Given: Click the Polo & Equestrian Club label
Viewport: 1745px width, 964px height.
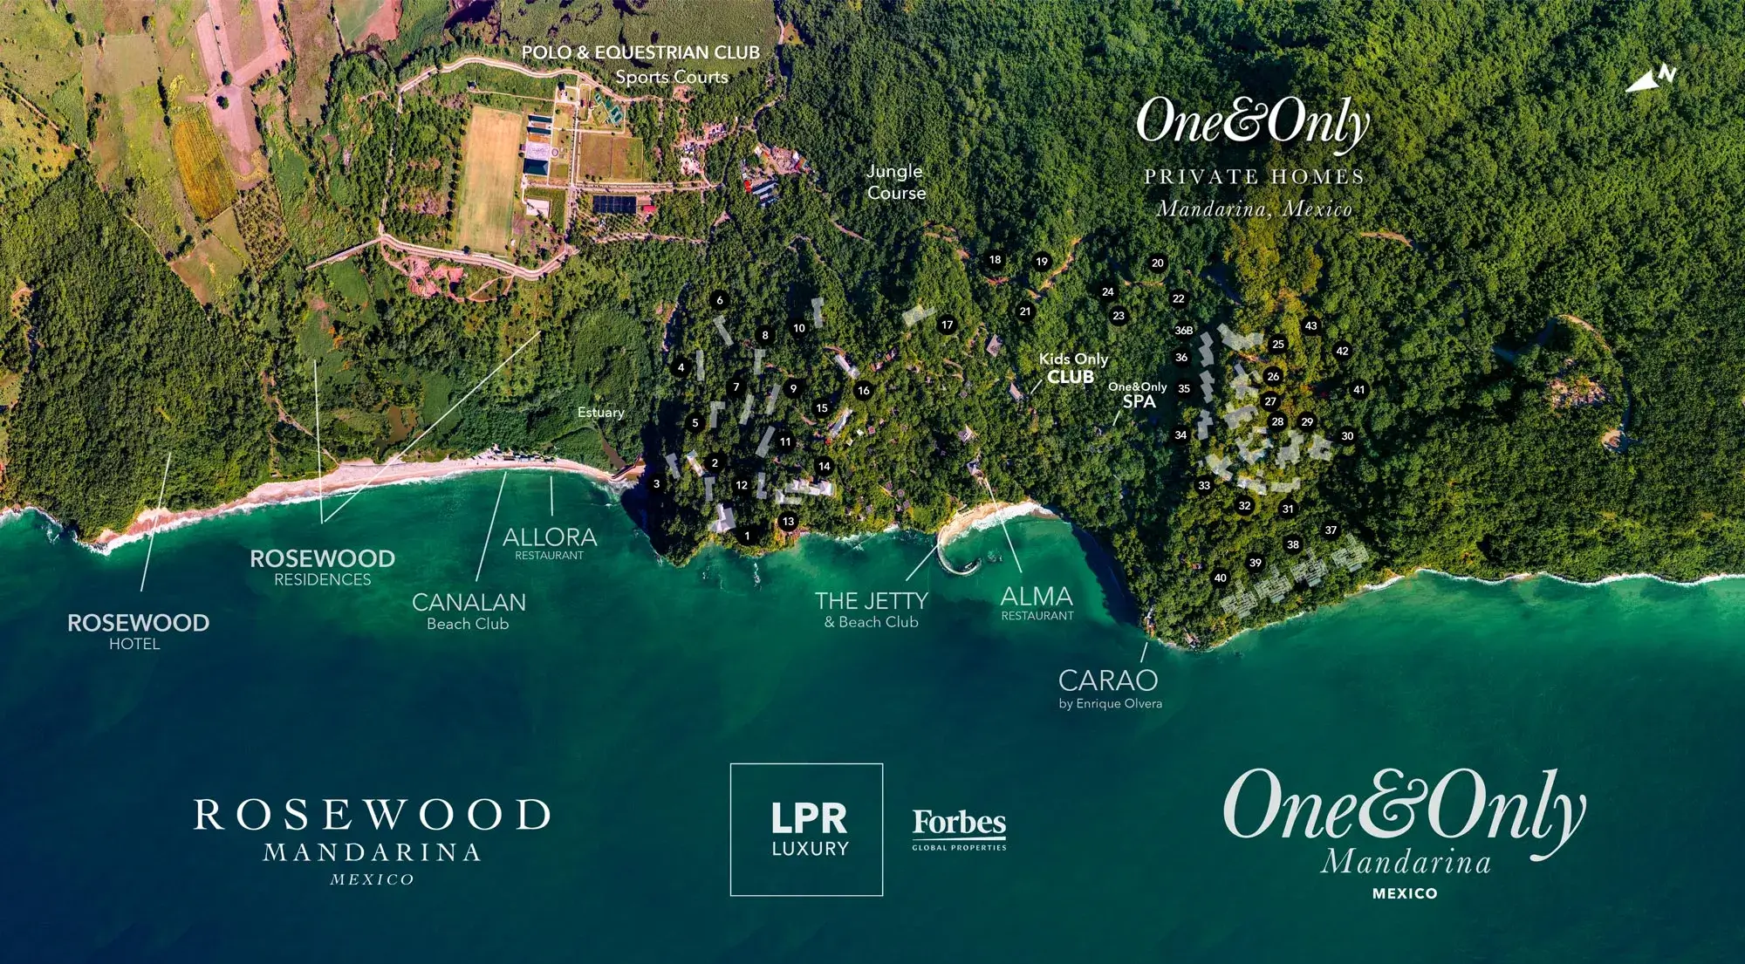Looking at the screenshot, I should pyautogui.click(x=640, y=53).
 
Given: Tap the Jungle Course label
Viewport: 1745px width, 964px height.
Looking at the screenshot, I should pyautogui.click(x=896, y=182).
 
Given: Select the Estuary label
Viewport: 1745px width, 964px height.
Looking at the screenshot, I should pyautogui.click(x=601, y=413).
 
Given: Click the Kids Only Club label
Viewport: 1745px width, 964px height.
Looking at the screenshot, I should pyautogui.click(x=1072, y=368).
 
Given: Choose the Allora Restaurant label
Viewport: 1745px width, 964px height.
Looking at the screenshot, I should pyautogui.click(x=550, y=543).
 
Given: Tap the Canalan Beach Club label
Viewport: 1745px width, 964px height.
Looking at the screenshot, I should pyautogui.click(x=469, y=610).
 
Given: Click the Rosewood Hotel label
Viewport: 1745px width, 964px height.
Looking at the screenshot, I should pyautogui.click(x=138, y=631).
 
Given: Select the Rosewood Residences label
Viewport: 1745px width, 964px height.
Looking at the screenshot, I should pyautogui.click(x=322, y=566).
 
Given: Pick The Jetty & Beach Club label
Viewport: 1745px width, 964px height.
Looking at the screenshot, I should pyautogui.click(x=871, y=609).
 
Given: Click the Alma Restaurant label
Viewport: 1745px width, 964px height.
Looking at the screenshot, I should pyautogui.click(x=1037, y=603).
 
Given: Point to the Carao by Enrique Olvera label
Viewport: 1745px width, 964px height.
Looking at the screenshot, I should pyautogui.click(x=1109, y=687).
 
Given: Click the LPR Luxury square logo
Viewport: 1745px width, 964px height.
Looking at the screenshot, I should pyautogui.click(x=806, y=829).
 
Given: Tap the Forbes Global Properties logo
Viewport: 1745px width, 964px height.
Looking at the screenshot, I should pyautogui.click(x=959, y=828).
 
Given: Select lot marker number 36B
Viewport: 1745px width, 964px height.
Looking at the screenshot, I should pyautogui.click(x=1183, y=331).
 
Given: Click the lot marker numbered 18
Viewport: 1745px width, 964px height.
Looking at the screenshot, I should pyautogui.click(x=995, y=260).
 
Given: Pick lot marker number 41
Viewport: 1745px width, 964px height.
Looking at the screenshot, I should pyautogui.click(x=1358, y=390).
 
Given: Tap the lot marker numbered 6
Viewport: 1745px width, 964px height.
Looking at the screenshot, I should pyautogui.click(x=720, y=300).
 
